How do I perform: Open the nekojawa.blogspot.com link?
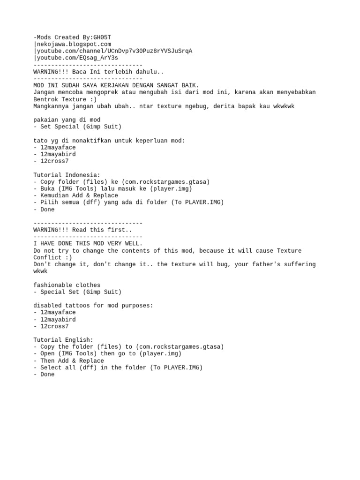pos(73,44)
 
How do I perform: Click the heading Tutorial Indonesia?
pos(67,175)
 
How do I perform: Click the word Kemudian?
pos(53,195)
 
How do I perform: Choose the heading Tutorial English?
pos(63,340)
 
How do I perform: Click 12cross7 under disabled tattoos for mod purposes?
pos(54,326)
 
